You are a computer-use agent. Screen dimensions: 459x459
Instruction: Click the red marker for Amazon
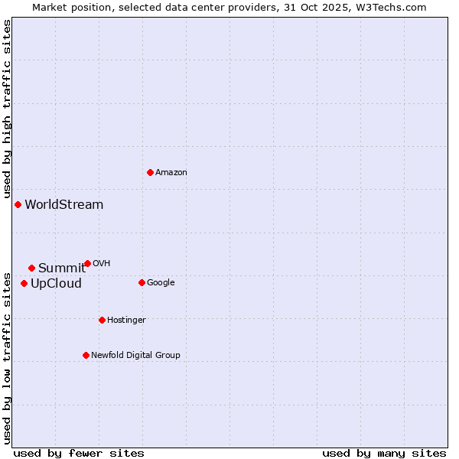click(x=150, y=172)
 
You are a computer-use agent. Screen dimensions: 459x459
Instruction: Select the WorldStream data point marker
click(x=18, y=204)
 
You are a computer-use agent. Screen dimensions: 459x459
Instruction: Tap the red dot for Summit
click(x=31, y=268)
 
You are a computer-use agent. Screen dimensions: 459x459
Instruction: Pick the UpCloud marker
click(x=24, y=283)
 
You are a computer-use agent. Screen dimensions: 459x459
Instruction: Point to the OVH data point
click(x=87, y=263)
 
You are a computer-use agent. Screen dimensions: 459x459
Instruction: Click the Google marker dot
click(x=142, y=282)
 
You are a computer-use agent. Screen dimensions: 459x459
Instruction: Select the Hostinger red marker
click(x=102, y=320)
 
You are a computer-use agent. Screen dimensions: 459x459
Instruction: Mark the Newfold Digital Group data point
click(x=86, y=355)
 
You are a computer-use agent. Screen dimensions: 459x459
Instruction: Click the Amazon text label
click(x=171, y=173)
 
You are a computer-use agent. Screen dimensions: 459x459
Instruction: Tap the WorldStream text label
click(x=64, y=205)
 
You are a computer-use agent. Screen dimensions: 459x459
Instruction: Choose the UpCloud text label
click(x=56, y=284)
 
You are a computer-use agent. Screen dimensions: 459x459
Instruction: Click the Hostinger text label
click(x=126, y=321)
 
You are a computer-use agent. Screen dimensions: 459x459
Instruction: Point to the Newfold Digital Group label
click(x=135, y=355)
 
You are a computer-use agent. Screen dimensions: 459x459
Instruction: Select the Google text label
click(x=161, y=283)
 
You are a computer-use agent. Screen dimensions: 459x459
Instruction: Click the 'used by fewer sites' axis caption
click(x=79, y=453)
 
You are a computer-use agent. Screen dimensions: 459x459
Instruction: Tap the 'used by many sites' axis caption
click(x=384, y=453)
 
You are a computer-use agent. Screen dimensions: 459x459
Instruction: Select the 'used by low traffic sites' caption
click(x=8, y=357)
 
